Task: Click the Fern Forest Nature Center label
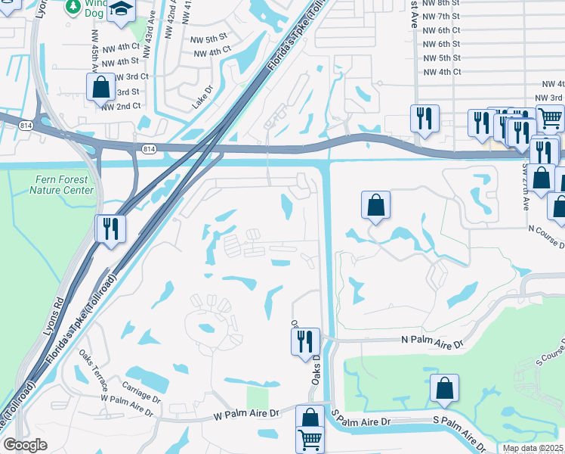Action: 63,185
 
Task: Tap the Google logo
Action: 25,445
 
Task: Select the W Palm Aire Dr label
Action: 246,414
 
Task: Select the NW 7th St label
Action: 442,16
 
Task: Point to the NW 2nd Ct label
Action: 122,106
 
